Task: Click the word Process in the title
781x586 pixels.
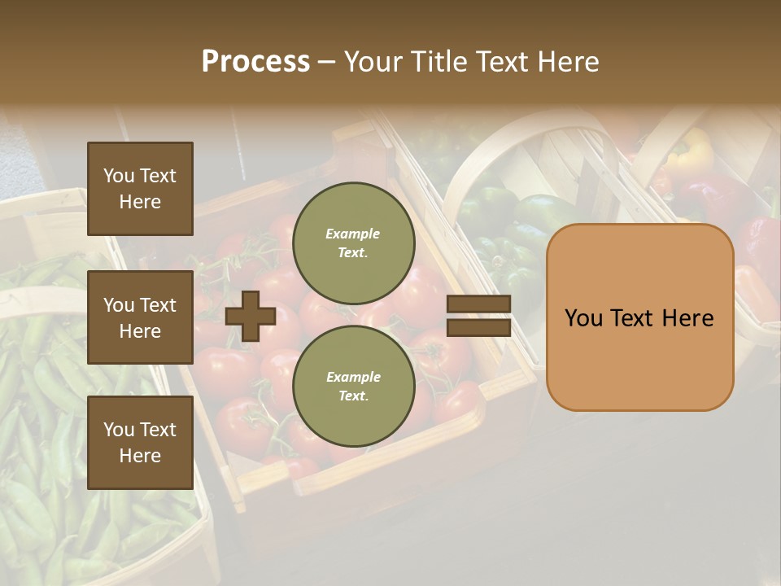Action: (255, 62)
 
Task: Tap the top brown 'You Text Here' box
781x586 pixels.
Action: (140, 189)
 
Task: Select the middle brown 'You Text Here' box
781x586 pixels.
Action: (140, 317)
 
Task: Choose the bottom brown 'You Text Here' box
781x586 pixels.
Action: (140, 442)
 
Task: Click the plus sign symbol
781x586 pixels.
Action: (251, 316)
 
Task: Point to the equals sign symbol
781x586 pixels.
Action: (478, 316)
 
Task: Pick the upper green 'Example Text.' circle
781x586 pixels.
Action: (353, 243)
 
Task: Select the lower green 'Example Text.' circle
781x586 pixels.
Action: (353, 387)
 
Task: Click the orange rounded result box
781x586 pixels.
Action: (639, 317)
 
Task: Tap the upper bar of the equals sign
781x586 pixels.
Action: (478, 304)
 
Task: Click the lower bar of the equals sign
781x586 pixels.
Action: (478, 327)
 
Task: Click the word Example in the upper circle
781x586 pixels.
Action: (353, 234)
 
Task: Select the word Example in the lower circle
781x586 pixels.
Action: (353, 378)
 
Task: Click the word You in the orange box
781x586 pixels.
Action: (583, 318)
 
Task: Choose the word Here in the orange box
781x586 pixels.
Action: (687, 318)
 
